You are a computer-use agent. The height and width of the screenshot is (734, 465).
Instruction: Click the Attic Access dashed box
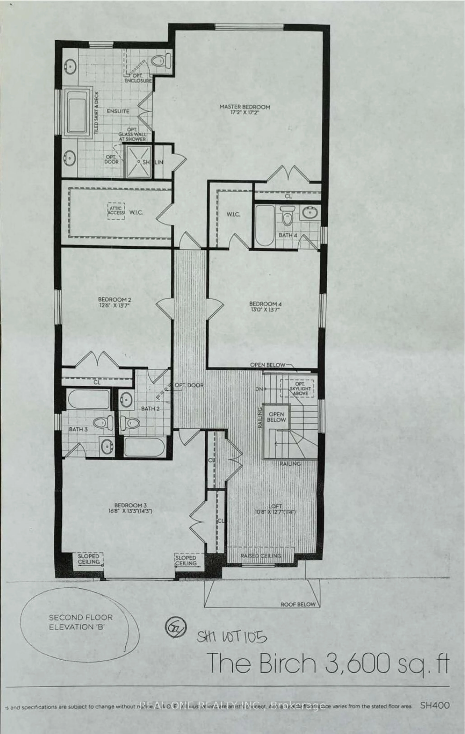pos(116,211)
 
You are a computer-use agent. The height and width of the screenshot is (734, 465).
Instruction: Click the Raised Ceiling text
pos(261,556)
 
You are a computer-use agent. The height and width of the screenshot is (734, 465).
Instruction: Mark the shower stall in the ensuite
pos(138,162)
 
